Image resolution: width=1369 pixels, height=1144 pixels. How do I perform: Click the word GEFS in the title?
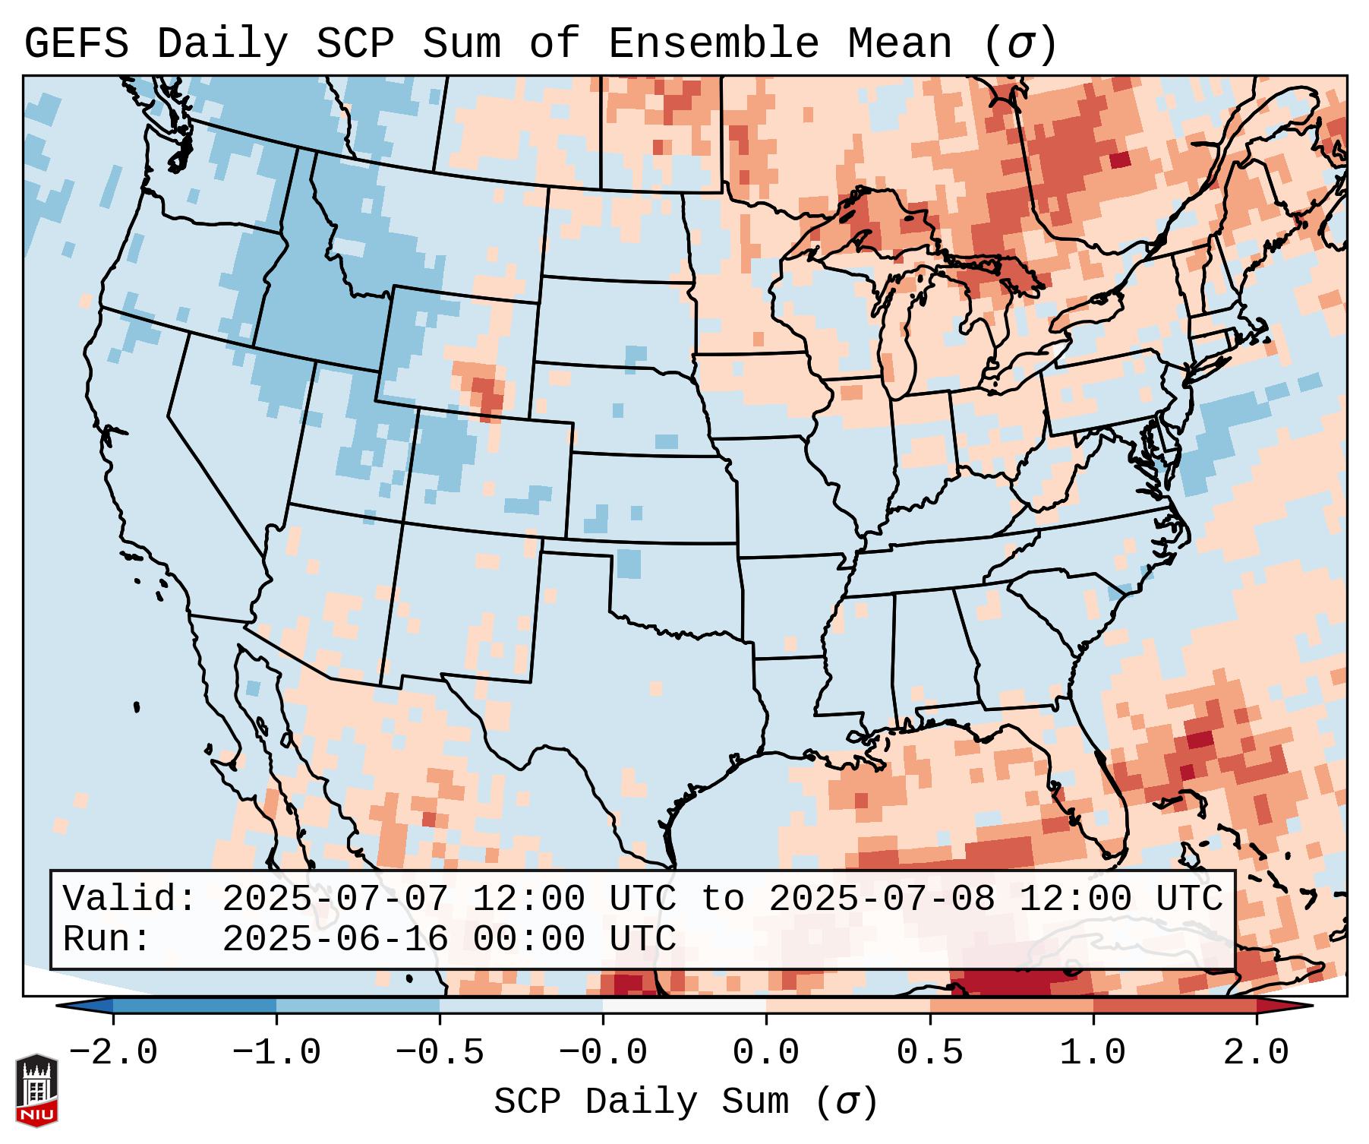76,44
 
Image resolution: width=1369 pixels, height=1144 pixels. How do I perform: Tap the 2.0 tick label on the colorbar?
1257,1053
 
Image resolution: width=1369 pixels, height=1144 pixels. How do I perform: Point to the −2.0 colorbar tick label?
113,1053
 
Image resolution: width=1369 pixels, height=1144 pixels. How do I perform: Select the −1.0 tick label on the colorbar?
276,1053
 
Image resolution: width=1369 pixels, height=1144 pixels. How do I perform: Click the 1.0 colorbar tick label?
1093,1053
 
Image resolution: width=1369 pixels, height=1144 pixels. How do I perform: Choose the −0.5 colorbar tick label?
440,1053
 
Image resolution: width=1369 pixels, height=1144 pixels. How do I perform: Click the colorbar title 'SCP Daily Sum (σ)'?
686,1101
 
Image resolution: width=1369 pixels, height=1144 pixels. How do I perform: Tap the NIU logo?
36,1089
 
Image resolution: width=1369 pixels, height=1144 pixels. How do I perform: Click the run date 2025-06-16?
335,940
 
